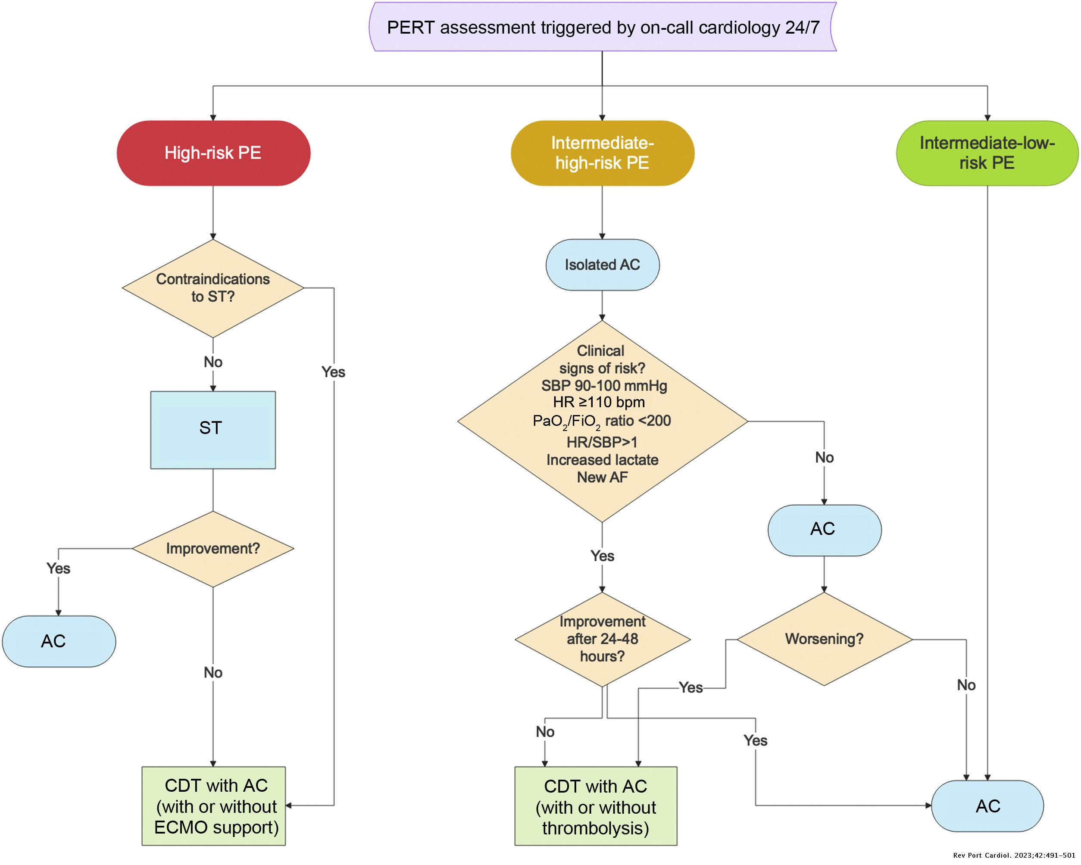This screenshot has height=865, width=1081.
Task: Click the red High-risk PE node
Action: coord(213,153)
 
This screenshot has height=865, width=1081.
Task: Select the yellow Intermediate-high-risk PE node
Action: coord(602,153)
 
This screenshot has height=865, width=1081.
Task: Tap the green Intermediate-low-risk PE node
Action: coord(987,153)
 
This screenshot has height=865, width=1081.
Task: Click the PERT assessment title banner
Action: coord(603,27)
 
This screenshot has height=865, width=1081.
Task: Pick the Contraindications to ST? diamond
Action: coord(213,288)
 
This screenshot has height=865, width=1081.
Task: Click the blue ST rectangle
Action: coord(213,430)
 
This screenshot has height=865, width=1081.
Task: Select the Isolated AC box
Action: coord(602,265)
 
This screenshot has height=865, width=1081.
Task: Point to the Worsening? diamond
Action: coord(824,639)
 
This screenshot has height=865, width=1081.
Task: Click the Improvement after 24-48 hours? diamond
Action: coord(602,639)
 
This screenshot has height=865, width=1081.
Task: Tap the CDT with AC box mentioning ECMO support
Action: coord(214,806)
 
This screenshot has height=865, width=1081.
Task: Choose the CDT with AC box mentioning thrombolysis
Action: coord(596,807)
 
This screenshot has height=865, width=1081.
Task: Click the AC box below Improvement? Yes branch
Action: coord(59,641)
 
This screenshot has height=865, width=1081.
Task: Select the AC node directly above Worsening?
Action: coord(824,530)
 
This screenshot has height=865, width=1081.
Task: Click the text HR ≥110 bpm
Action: coord(599,402)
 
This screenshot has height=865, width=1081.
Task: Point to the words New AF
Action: coord(602,478)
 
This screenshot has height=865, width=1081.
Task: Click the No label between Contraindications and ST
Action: coord(213,362)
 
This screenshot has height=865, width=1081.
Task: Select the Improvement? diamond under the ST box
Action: coord(213,549)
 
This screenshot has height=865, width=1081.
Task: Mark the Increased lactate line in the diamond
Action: coord(602,460)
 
